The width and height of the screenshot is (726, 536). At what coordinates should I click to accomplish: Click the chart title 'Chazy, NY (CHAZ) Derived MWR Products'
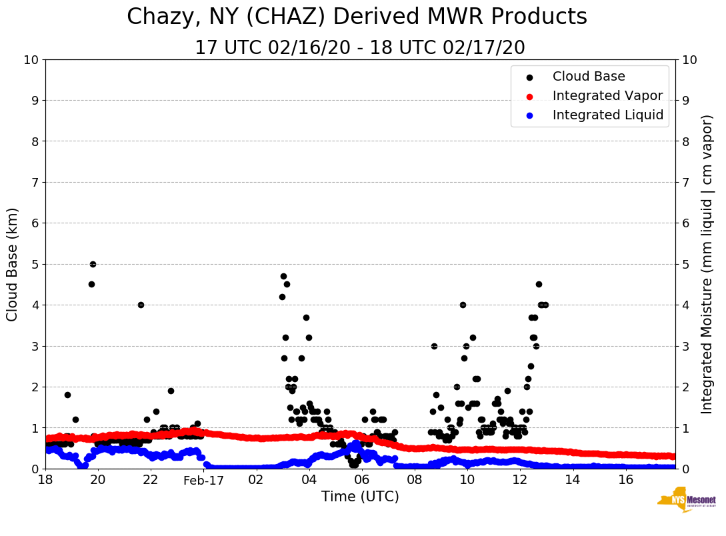[357, 17]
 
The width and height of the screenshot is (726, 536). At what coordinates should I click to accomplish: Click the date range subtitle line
[359, 48]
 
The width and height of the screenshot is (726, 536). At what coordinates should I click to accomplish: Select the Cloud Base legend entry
[589, 77]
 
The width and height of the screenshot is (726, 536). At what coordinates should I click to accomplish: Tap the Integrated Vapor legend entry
[607, 96]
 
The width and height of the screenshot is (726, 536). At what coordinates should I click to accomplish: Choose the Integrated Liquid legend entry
[607, 115]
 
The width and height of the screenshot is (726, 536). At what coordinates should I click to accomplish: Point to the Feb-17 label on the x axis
[203, 480]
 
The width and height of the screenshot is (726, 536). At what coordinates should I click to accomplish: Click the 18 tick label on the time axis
[45, 480]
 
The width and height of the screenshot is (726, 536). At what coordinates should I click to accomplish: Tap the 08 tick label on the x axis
[414, 480]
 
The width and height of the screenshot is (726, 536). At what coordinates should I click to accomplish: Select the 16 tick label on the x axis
[625, 480]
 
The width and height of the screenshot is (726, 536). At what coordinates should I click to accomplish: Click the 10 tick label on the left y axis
[31, 60]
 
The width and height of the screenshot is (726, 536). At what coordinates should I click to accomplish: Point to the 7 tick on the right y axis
[686, 183]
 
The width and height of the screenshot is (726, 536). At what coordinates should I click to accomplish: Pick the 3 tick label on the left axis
[35, 346]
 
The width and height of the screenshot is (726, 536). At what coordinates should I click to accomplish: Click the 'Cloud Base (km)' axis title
[13, 264]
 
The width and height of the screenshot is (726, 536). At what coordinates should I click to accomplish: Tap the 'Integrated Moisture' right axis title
[707, 264]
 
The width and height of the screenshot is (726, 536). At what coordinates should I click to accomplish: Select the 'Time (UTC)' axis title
[360, 497]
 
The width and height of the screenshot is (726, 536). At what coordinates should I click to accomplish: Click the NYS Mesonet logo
[686, 500]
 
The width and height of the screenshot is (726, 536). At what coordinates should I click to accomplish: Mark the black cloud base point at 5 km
[93, 264]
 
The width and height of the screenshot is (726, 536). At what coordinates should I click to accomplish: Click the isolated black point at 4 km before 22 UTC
[141, 305]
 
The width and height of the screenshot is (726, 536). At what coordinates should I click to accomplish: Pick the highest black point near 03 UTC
[283, 276]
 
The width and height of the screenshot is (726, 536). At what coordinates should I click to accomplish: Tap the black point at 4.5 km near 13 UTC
[539, 284]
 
